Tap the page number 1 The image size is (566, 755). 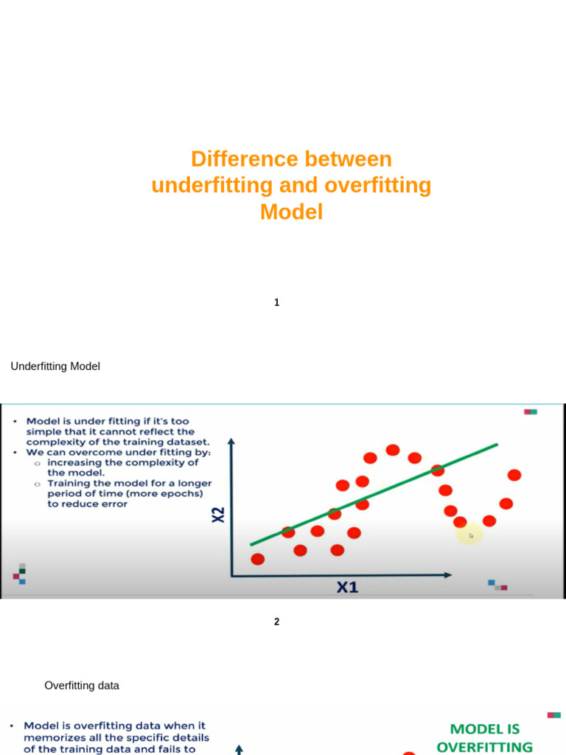[276, 302]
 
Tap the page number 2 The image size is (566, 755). [276, 622]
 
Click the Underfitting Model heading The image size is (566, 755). [55, 366]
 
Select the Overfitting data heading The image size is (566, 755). [82, 686]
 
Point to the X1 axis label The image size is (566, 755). [347, 588]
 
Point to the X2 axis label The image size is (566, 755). [218, 515]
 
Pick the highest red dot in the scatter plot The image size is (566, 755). [393, 450]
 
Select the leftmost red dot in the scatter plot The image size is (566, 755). [257, 559]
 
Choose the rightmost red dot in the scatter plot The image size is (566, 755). [514, 476]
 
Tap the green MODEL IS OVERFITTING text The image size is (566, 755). [484, 737]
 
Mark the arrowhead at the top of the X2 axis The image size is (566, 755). [231, 442]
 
